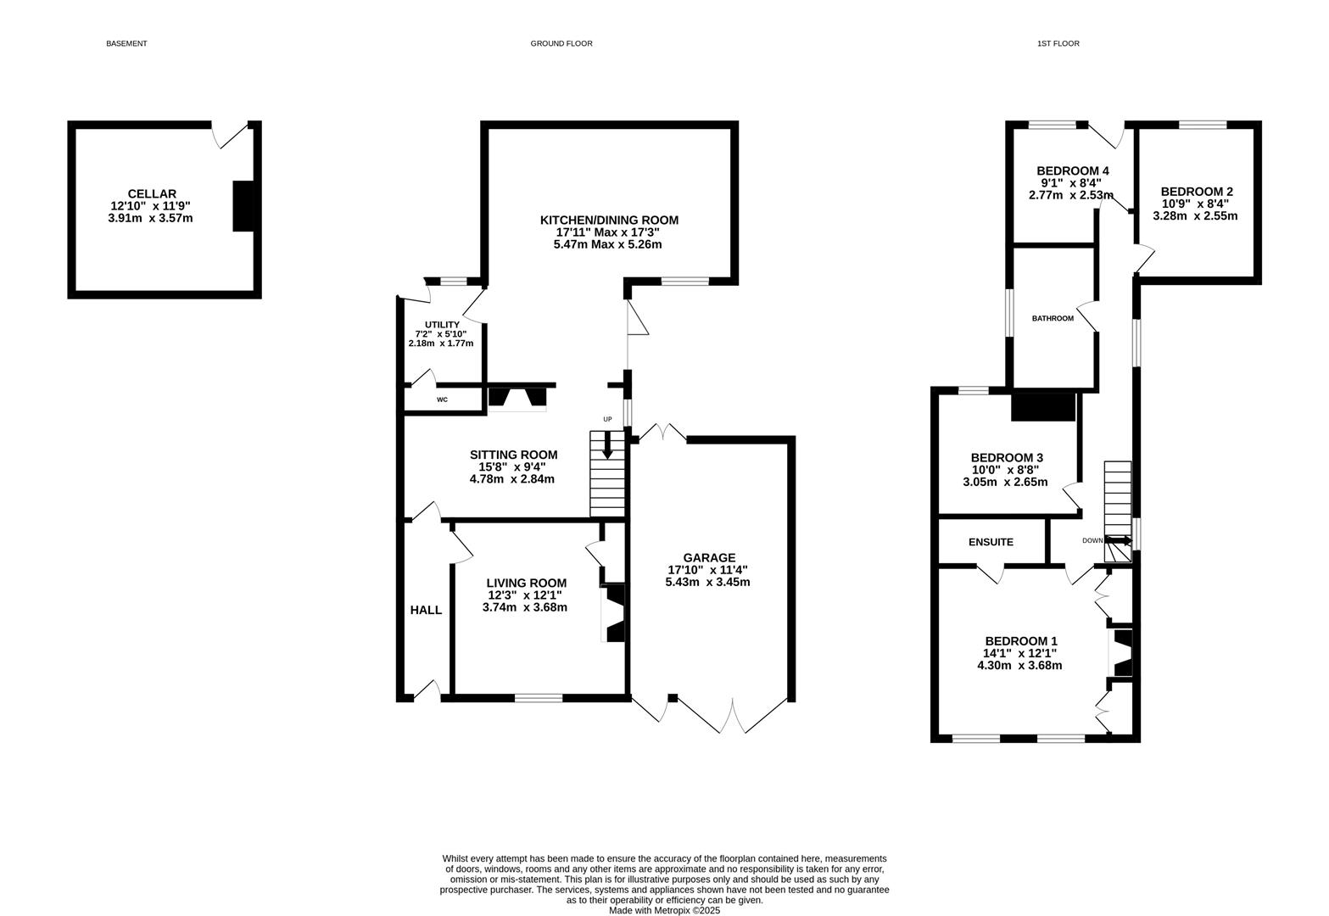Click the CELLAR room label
coord(152,194)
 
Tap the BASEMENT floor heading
coord(126,43)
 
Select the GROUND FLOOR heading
coord(561,43)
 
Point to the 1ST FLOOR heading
coord(1058,43)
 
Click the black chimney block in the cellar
coord(243,206)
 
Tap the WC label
coord(442,399)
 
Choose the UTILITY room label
coord(442,325)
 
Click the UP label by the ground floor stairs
coord(607,420)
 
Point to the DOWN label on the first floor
coord(1092,540)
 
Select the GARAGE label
coord(709,558)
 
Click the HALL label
coord(426,610)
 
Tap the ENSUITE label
coord(991,542)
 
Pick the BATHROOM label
coord(1053,319)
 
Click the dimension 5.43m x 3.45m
coord(708,582)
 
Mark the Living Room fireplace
coord(613,613)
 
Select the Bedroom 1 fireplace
coord(1120,652)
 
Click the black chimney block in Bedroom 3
coord(1043,407)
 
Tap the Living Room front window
coord(538,698)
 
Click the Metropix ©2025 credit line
coord(665,910)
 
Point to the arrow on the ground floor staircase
coord(607,445)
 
